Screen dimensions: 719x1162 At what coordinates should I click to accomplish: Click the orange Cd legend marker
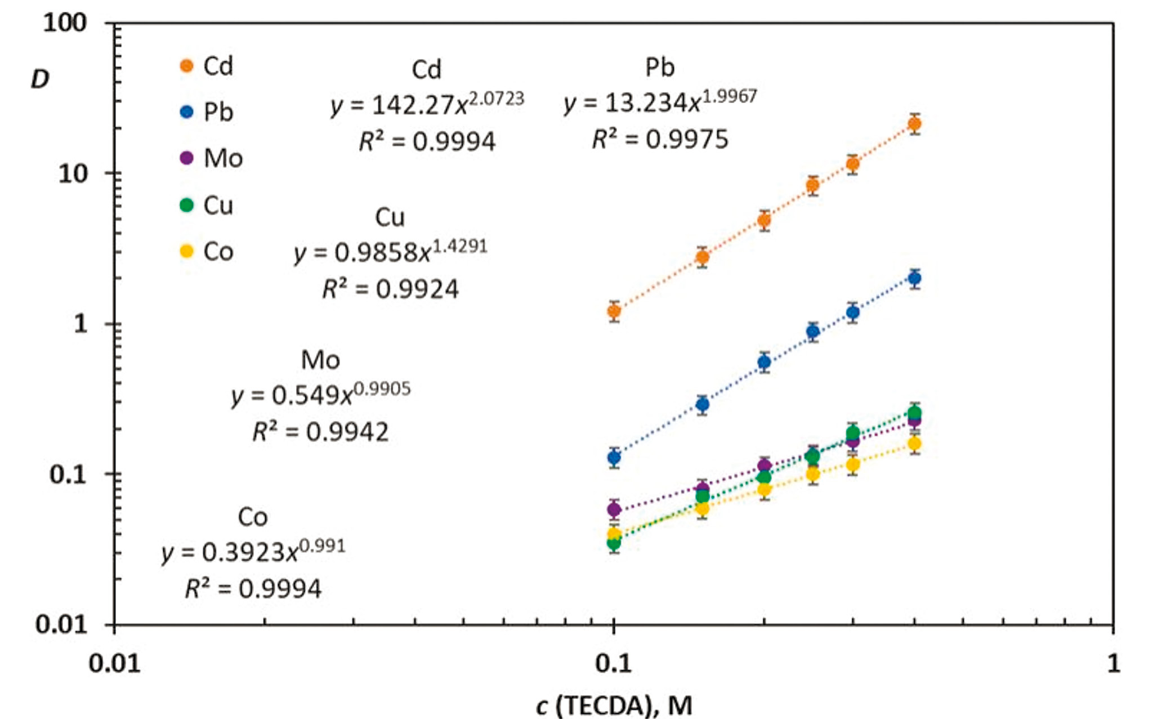(x=186, y=66)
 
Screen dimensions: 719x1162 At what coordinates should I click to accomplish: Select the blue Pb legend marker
(x=186, y=111)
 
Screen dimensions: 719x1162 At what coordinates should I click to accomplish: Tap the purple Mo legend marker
(x=186, y=158)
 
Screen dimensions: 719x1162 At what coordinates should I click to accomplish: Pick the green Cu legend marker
(x=186, y=205)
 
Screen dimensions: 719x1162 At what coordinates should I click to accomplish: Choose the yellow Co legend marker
(x=186, y=251)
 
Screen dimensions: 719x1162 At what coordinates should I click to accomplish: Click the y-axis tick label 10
(x=73, y=173)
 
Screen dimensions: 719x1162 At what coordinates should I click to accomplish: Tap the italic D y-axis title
(x=40, y=79)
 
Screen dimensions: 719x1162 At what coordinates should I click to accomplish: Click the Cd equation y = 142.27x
(x=427, y=104)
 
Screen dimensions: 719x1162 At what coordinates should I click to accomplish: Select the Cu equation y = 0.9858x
(x=390, y=252)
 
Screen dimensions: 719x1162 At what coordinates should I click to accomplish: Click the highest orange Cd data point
(x=915, y=123)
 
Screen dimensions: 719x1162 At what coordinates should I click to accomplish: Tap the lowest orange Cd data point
(x=614, y=311)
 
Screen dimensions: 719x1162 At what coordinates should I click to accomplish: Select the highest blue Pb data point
(x=915, y=278)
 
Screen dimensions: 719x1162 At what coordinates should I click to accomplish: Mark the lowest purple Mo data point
(x=614, y=509)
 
